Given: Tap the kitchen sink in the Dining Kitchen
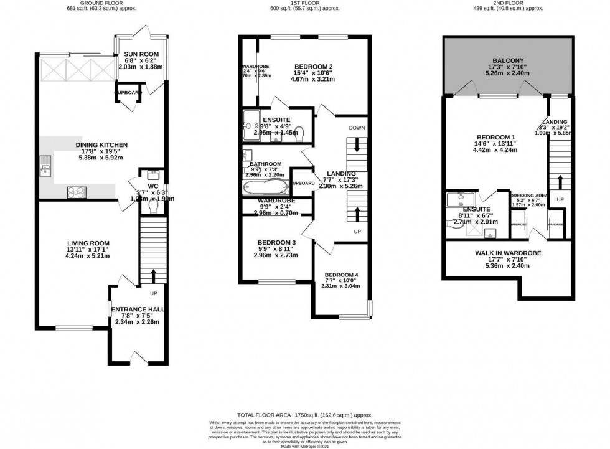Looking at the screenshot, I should click(x=45, y=165).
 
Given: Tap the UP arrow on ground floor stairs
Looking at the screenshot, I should click(x=153, y=274).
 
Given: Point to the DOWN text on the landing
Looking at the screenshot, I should click(x=357, y=128).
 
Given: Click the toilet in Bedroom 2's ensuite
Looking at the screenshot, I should click(x=298, y=131).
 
